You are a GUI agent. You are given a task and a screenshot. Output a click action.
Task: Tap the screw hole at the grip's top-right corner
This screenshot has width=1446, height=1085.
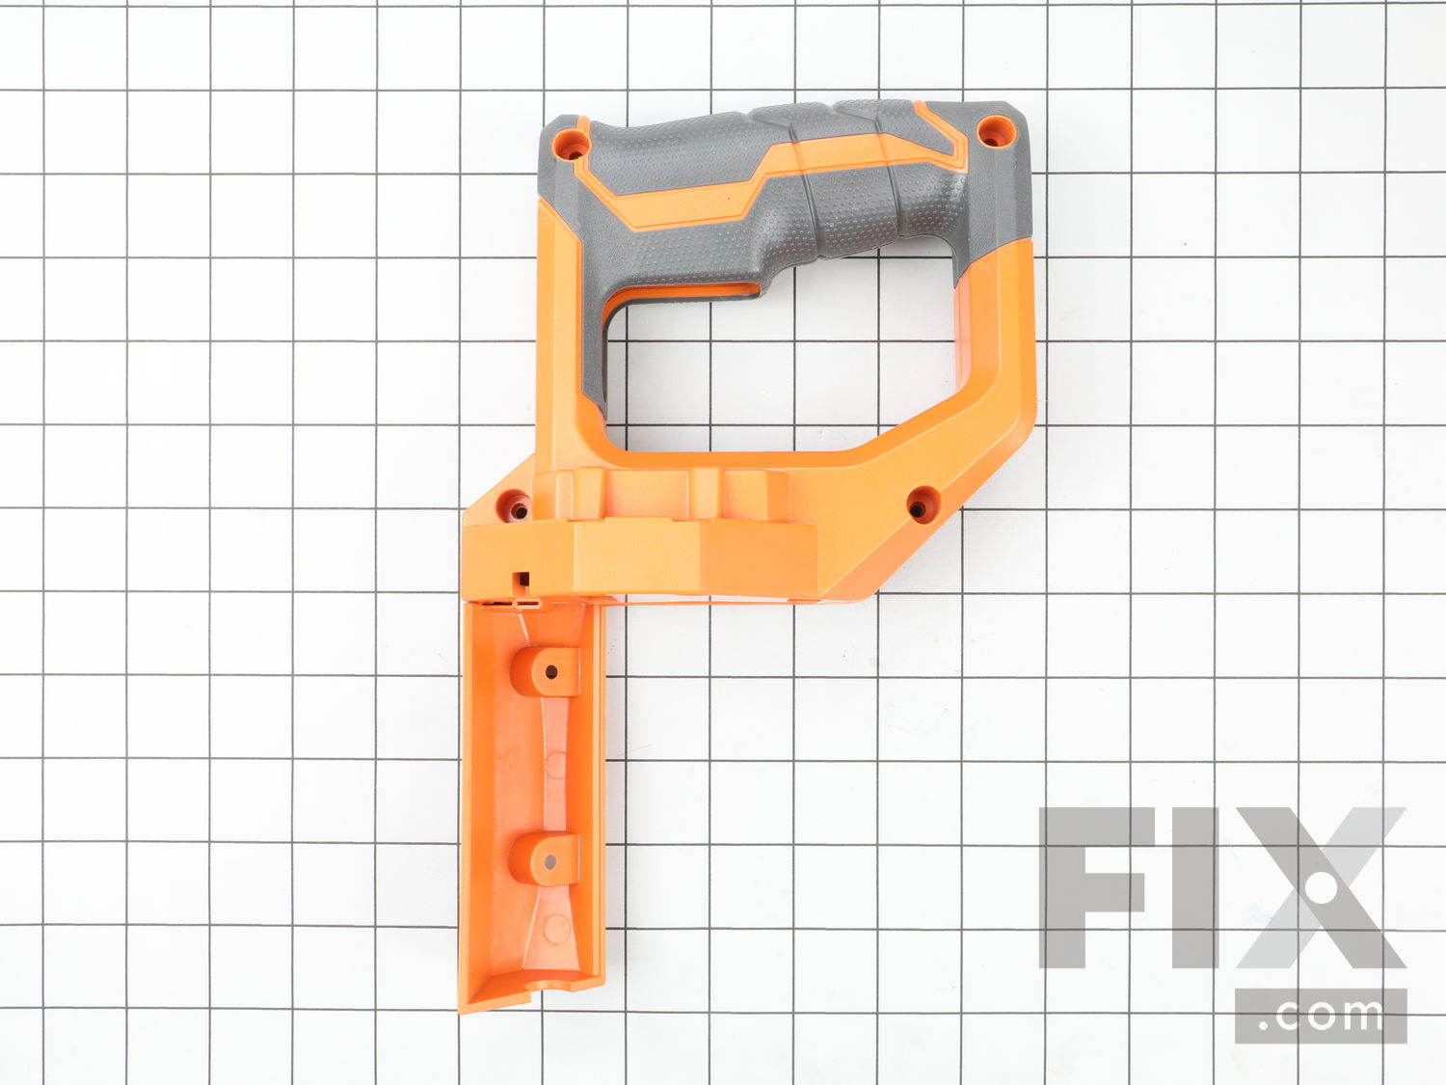pyautogui.click(x=995, y=130)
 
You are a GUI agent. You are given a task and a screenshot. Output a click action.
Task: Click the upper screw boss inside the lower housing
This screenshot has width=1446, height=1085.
pyautogui.click(x=546, y=671)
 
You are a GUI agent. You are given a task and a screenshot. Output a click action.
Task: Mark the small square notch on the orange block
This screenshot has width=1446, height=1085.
pyautogui.click(x=522, y=579)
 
